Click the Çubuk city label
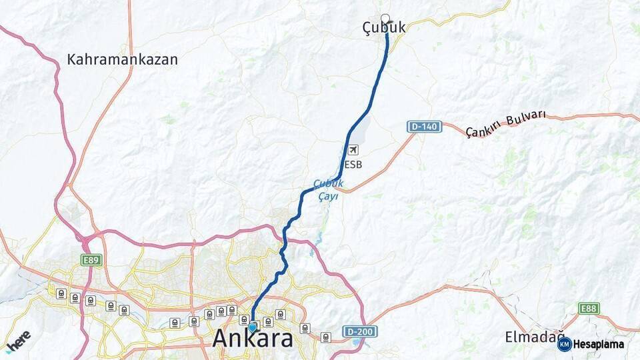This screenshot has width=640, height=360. coord(383,29)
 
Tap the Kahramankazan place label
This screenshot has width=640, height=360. coord(123,59)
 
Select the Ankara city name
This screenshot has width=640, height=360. coord(253,339)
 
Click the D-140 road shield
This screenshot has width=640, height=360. coord(425,127)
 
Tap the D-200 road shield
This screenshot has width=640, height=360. coord(361,331)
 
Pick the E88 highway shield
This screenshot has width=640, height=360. coord(589,308)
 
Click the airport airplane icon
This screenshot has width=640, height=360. coord(352,151)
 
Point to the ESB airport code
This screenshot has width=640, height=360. coord(353,165)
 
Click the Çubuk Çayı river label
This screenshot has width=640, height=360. coord(328,190)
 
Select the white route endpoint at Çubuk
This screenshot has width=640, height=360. coord(385,18)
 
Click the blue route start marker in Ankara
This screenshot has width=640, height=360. coord(253,327)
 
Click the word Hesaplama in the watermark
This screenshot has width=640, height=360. coord(599,344)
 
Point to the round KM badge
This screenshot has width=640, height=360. coord(565,344)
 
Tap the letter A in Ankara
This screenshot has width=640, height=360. coord(223,339)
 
